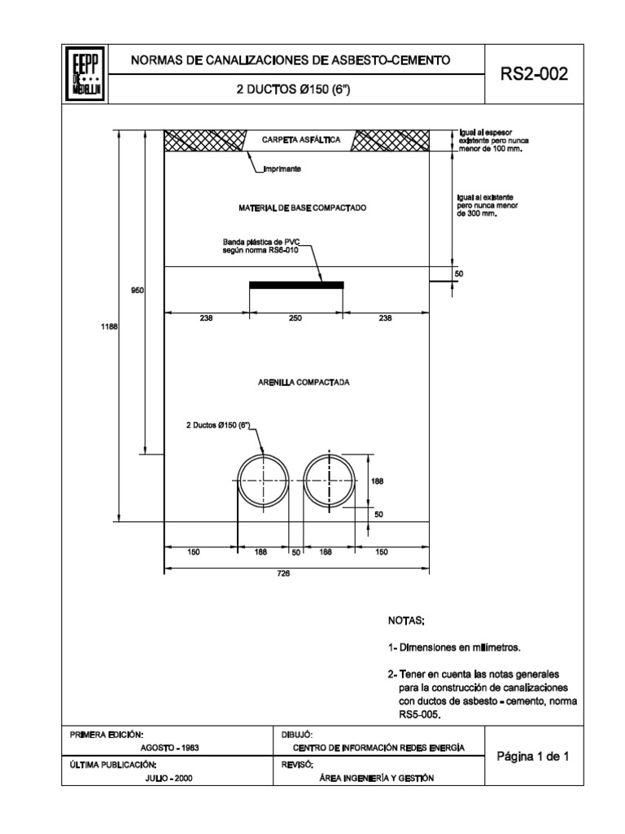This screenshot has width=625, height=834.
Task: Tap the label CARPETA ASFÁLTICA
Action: (299, 140)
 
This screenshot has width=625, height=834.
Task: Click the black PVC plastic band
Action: (296, 284)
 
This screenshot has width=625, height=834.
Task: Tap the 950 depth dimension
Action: (137, 290)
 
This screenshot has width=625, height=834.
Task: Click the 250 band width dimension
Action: (295, 319)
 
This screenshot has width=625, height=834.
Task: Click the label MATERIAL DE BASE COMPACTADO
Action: (303, 208)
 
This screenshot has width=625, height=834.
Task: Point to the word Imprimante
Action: (283, 169)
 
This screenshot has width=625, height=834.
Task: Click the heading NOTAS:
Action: (407, 621)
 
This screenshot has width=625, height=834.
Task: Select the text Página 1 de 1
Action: (533, 756)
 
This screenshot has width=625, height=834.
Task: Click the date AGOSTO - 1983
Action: (170, 747)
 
